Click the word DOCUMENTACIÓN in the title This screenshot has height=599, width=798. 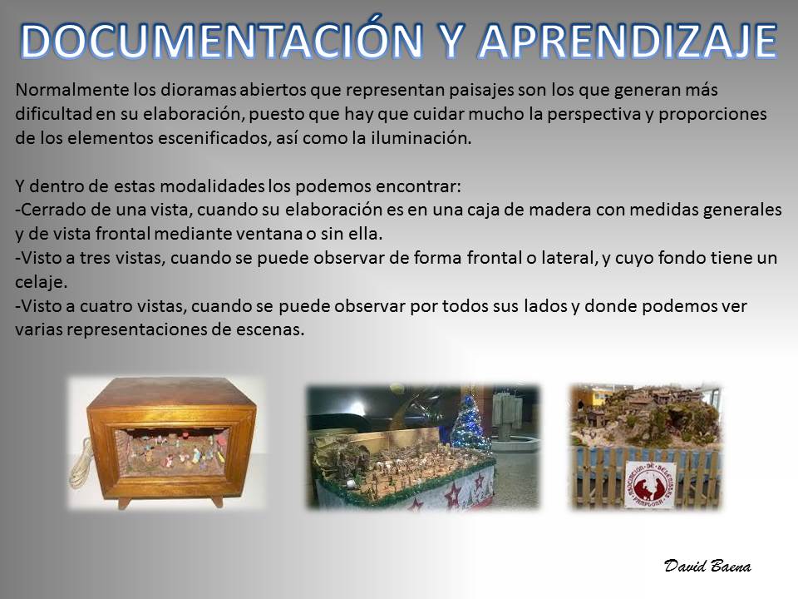(222, 40)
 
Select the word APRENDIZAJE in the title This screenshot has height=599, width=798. (628, 41)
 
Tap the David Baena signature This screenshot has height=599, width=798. (707, 566)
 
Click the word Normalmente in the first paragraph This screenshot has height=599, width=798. (72, 90)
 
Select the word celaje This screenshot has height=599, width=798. (41, 282)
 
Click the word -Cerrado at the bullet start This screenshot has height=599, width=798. (49, 210)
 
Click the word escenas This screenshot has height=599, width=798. (270, 330)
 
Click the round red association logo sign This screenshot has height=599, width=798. (650, 485)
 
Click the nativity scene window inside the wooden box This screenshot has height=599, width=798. (170, 452)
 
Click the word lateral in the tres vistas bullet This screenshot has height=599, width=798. (569, 258)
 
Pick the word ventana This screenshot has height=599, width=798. (278, 234)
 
